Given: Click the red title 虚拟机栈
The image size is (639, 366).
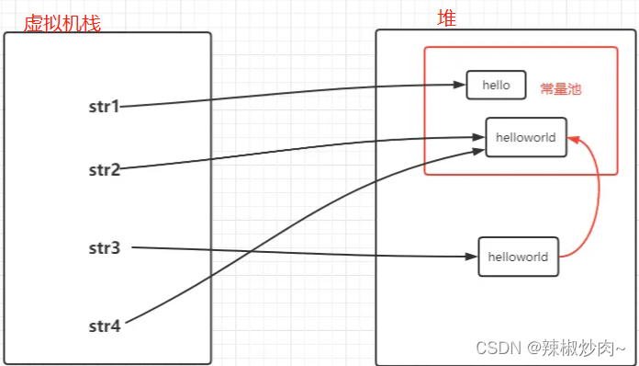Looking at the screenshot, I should pos(61,22).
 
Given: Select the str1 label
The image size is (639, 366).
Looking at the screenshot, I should pos(104,107).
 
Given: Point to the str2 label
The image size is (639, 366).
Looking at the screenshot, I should pos(104,169).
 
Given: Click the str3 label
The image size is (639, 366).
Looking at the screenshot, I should pos(104,247).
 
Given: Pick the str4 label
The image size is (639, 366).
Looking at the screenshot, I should pos(104,325).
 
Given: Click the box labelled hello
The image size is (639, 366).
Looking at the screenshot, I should pos(495,86).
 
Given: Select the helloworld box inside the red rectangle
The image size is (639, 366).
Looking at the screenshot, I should pos(525,137).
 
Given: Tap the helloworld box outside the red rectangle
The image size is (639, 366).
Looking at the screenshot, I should pos(518,257).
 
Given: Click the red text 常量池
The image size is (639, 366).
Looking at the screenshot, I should pos(561,90).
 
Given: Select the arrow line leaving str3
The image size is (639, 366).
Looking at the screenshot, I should pos(303,252).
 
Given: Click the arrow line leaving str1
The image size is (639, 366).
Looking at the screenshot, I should pos(294,93).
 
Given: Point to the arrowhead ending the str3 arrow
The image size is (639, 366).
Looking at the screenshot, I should pos(472,257).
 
